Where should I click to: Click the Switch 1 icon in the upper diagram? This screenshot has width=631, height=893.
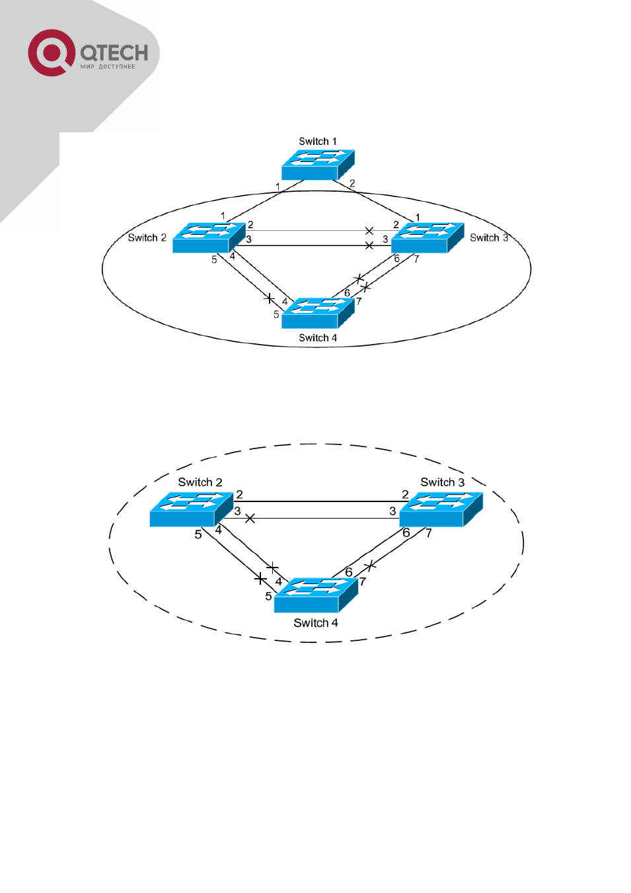pyautogui.click(x=318, y=165)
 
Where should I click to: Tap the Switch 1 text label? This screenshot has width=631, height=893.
pyautogui.click(x=318, y=141)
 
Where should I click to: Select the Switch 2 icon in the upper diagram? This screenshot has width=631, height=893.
pyautogui.click(x=209, y=237)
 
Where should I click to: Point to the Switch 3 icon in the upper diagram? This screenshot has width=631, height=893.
pyautogui.click(x=427, y=237)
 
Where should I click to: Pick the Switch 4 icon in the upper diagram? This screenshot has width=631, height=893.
pyautogui.click(x=318, y=313)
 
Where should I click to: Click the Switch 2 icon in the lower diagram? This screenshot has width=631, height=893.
pyautogui.click(x=192, y=509)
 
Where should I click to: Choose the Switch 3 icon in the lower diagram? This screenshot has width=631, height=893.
pyautogui.click(x=441, y=509)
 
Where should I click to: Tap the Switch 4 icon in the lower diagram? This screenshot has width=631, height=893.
pyautogui.click(x=316, y=595)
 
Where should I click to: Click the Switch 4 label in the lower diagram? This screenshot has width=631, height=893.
pyautogui.click(x=316, y=622)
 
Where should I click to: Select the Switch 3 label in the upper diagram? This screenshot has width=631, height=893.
pyautogui.click(x=489, y=237)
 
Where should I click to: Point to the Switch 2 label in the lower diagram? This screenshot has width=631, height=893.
pyautogui.click(x=200, y=482)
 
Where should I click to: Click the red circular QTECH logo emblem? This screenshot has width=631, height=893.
pyautogui.click(x=52, y=53)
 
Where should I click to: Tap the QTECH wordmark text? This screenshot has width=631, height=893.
pyautogui.click(x=114, y=53)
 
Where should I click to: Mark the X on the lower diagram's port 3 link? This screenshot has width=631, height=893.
pyautogui.click(x=250, y=518)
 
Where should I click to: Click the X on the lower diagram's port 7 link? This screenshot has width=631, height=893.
pyautogui.click(x=370, y=566)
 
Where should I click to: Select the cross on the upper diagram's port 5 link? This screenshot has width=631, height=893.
pyautogui.click(x=270, y=298)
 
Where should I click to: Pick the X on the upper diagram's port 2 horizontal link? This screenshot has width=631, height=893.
pyautogui.click(x=369, y=230)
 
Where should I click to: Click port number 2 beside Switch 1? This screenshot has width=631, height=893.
pyautogui.click(x=352, y=183)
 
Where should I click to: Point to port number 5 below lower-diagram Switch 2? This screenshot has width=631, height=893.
pyautogui.click(x=198, y=534)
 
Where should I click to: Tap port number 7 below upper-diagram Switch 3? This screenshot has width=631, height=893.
pyautogui.click(x=416, y=259)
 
